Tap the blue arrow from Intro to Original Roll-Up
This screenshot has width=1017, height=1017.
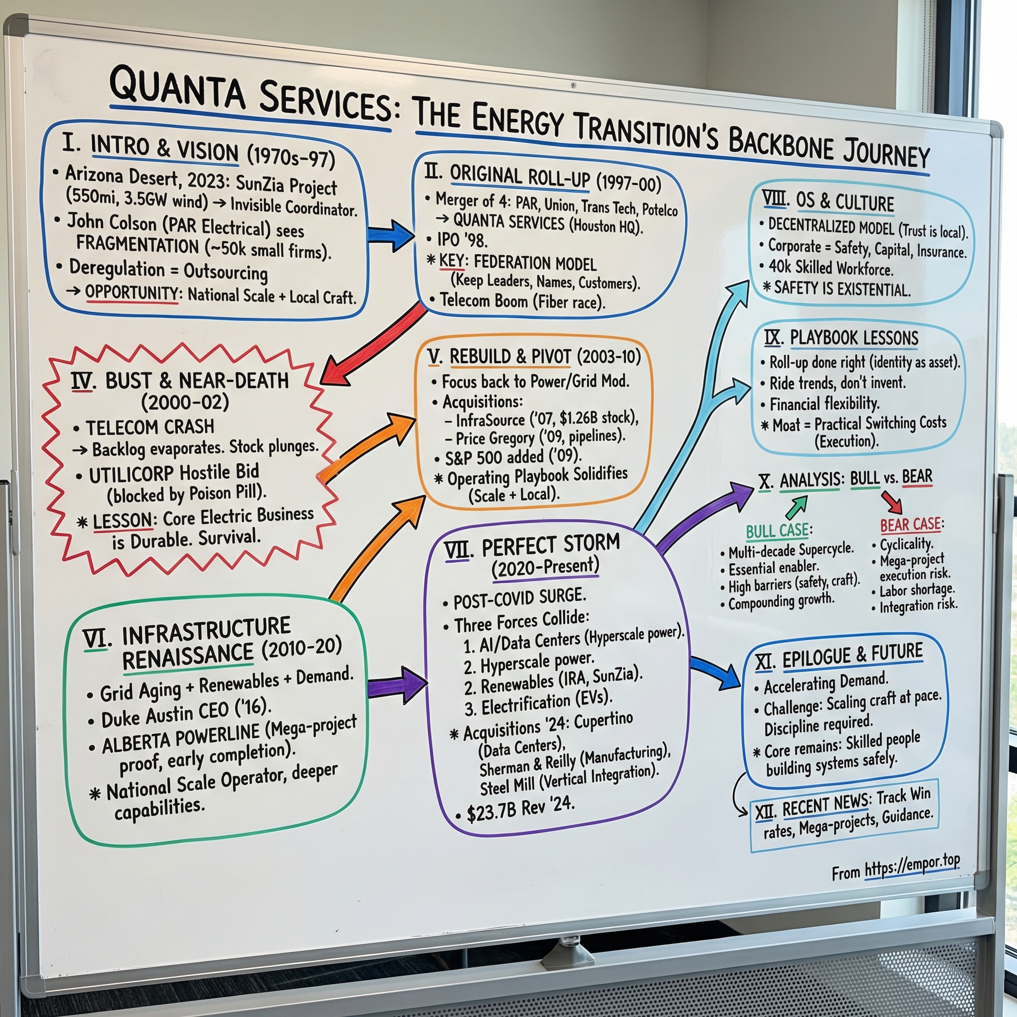point(390,235)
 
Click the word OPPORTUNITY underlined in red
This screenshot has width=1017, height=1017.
point(132,292)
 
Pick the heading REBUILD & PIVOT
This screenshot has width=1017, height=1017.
point(509,357)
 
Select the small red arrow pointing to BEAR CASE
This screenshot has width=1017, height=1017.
point(893,502)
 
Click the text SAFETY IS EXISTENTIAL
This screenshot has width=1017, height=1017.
point(842,289)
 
